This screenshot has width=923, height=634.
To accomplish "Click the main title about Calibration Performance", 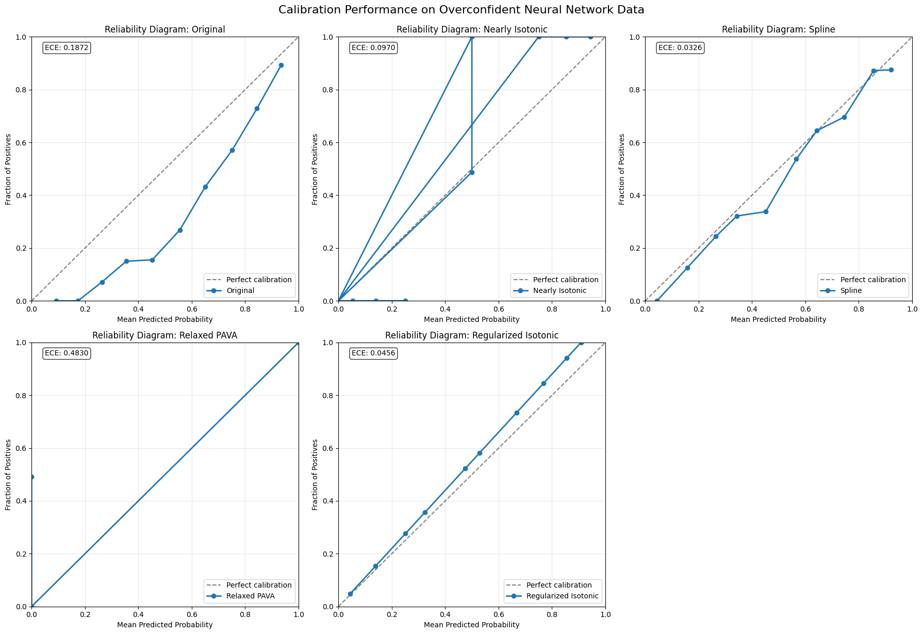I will pos(461,10).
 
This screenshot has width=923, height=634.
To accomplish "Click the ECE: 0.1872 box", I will pos(67,48).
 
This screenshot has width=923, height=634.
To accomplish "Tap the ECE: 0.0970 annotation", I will pos(373,48).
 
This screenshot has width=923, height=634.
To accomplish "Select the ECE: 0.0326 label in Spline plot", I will pos(680,48).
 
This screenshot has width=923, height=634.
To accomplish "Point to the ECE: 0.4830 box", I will pos(67,353).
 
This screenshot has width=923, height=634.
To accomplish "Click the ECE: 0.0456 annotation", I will pos(373,353).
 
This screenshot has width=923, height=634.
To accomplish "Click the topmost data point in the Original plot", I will pos(281,66).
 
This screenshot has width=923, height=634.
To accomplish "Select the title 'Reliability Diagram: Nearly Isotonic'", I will pos(472,29).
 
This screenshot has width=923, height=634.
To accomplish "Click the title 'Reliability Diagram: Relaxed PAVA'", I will pos(165,335).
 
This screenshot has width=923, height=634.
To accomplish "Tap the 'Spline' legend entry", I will pos(851,290).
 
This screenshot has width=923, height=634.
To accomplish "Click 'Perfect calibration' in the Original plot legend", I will pos(259,280).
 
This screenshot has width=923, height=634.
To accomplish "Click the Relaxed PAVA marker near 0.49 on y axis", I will pos(32,477).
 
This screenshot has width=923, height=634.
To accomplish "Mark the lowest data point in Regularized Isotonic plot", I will pos(350,594).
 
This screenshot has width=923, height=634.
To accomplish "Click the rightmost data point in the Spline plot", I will pos(891,70).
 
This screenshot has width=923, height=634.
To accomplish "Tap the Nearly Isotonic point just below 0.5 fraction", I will pos(472,172).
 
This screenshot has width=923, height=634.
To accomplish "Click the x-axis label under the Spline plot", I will pos(778,319).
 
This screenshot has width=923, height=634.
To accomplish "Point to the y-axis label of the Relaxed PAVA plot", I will pos(8,475).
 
